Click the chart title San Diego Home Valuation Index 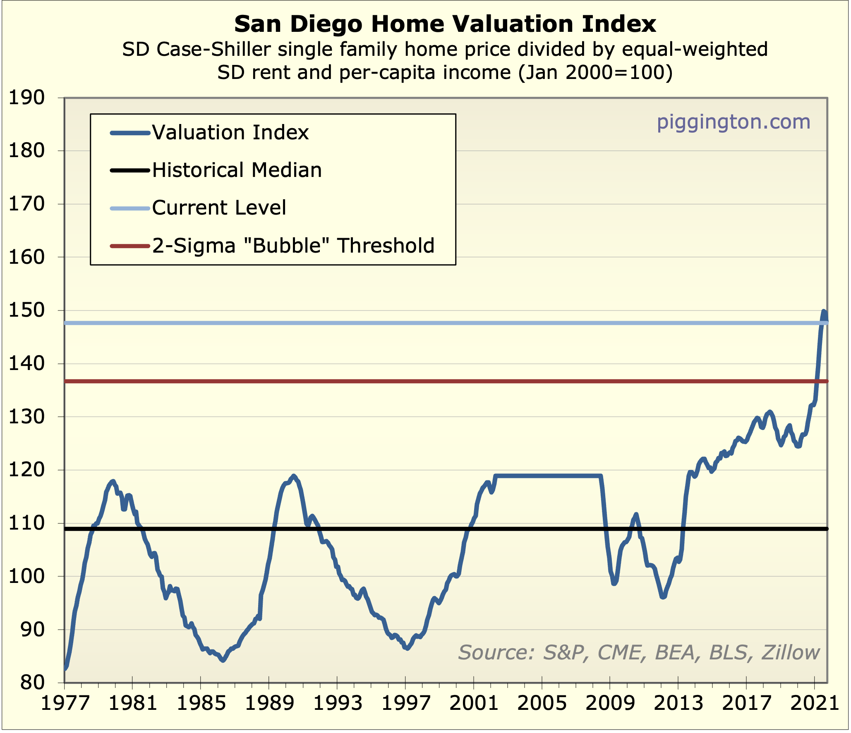(445, 24)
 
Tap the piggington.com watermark (733, 122)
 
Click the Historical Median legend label (237, 170)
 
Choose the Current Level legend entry (219, 208)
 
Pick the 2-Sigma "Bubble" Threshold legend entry (293, 246)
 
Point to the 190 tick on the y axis (26, 98)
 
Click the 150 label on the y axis (26, 310)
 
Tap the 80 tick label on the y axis (32, 683)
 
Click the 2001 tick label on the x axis (474, 703)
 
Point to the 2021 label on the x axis (814, 703)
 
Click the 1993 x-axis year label (337, 703)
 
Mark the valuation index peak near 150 (824, 311)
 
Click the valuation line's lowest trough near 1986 (223, 660)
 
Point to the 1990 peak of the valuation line (294, 476)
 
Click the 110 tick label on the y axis (26, 523)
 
